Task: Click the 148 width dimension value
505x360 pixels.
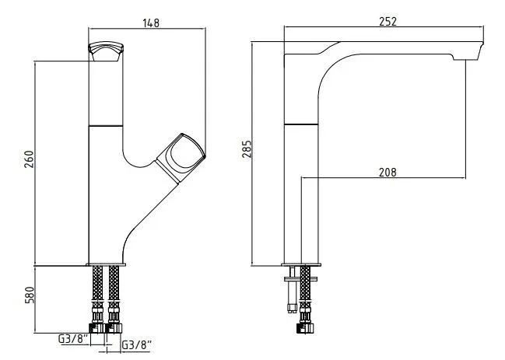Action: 151,23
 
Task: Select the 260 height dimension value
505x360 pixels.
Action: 29,159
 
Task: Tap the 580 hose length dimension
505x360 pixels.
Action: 29,295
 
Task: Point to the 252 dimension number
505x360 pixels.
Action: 388,22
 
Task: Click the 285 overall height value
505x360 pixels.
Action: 247,149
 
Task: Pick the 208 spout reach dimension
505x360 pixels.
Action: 388,173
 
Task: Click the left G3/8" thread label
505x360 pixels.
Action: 73,339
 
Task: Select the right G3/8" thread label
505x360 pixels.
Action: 136,345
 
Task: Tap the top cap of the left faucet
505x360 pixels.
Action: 106,51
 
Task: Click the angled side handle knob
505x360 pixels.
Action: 181,158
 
